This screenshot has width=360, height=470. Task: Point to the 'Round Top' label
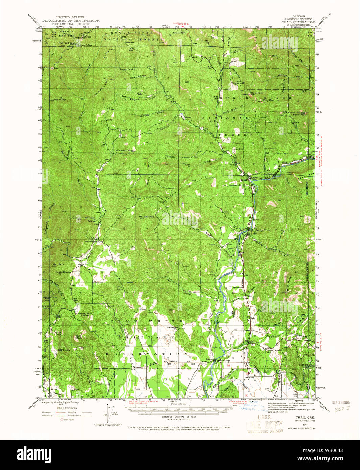pos(59,100)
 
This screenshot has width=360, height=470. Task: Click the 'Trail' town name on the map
pos(244,179)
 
